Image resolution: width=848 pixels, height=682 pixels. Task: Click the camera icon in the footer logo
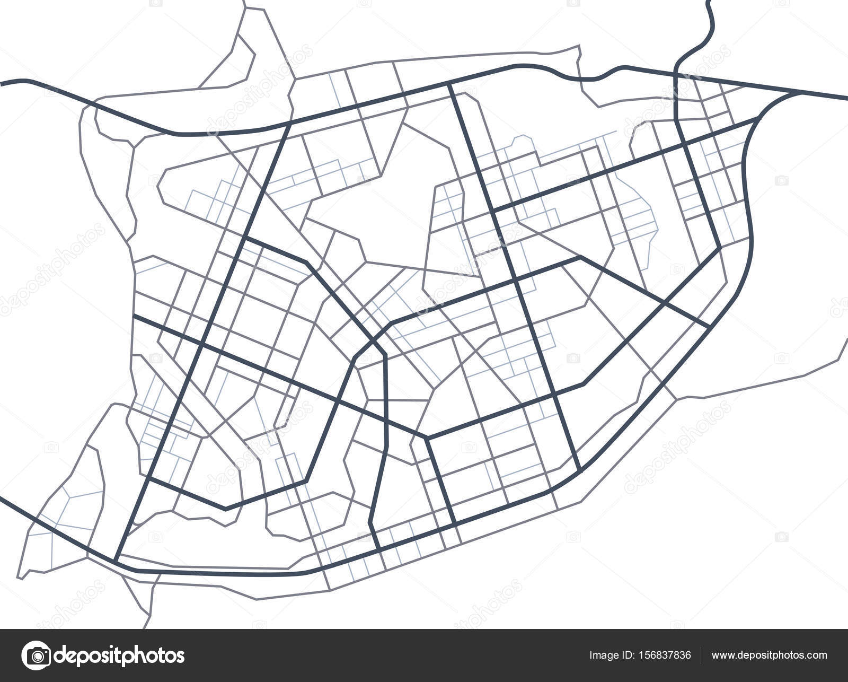coord(36,655)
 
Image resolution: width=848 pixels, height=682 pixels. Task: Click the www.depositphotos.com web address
coord(769,655)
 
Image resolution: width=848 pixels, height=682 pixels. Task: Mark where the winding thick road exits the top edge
coord(709,2)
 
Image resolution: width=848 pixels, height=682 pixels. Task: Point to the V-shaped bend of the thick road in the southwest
coord(226,509)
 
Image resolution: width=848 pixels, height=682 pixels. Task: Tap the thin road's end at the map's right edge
coord(846,337)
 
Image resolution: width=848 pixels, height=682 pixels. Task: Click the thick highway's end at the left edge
coord(2,82)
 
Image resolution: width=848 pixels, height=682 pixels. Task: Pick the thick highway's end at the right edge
coord(846,99)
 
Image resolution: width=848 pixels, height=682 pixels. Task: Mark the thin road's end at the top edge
coord(245,2)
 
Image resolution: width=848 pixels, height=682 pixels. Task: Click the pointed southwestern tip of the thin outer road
coord(20,578)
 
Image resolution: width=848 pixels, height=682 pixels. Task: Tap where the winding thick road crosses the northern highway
coord(677,74)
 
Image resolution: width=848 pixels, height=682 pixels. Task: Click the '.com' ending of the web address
coord(816,655)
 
